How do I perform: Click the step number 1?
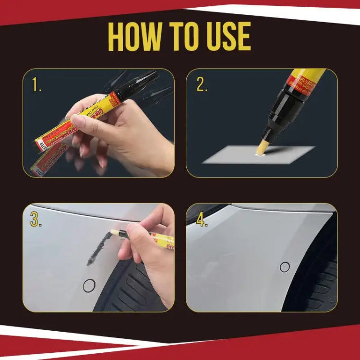(36, 85)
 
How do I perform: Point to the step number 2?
(202, 85)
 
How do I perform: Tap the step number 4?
(202, 220)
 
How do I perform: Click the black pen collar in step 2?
(281, 113)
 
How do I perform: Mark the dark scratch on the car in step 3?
(98, 247)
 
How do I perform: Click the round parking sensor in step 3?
(89, 286)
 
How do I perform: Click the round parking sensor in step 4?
(285, 267)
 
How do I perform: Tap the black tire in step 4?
(319, 283)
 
